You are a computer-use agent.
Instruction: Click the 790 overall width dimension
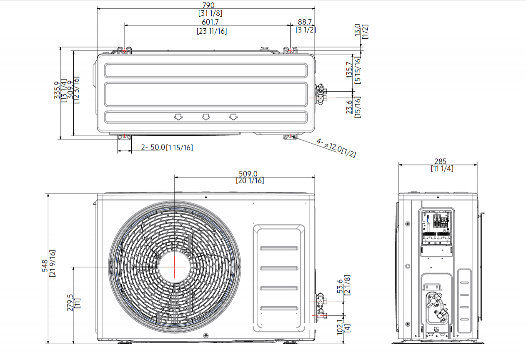pyautogui.click(x=208, y=5)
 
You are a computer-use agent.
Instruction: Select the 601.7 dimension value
pyautogui.click(x=212, y=22)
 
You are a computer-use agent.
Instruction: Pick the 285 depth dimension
pyautogui.click(x=440, y=161)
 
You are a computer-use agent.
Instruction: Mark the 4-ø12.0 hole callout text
pyautogui.click(x=336, y=148)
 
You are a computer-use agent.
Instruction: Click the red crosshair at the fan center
pyautogui.click(x=174, y=266)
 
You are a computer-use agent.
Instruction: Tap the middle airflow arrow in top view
pyautogui.click(x=205, y=117)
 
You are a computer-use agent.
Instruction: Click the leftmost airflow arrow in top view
pyautogui.click(x=178, y=117)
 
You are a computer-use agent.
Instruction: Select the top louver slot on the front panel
pyautogui.click(x=279, y=249)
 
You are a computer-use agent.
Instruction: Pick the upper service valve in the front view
pyautogui.click(x=321, y=298)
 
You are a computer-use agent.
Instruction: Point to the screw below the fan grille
pyautogui.click(x=205, y=336)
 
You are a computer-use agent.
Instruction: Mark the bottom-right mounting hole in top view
pyautogui.click(x=290, y=136)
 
